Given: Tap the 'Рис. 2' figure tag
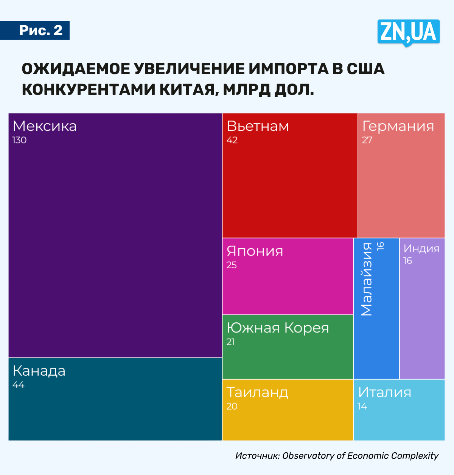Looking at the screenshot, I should click(x=40, y=30).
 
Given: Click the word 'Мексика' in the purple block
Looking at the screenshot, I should click(x=45, y=126).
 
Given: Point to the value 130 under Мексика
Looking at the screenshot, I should click(x=19, y=140).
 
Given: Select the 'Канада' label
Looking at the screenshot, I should click(x=39, y=371).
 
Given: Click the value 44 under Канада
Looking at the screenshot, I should click(x=18, y=385).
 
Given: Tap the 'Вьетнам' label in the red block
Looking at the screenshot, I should click(x=258, y=126).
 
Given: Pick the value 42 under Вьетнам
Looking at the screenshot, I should click(x=232, y=140).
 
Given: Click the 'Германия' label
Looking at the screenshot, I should click(x=398, y=126).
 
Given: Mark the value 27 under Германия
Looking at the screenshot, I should click(x=367, y=140).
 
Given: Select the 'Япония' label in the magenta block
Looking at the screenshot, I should click(x=255, y=251).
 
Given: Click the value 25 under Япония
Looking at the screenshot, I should click(x=232, y=265).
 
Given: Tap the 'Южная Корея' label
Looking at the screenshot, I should click(x=278, y=328).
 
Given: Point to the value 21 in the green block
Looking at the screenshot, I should click(x=230, y=342).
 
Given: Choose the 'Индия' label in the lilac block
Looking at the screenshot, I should click(x=421, y=249).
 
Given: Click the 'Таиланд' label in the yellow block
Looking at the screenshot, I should click(x=257, y=393).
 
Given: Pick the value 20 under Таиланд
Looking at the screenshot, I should click(x=232, y=407).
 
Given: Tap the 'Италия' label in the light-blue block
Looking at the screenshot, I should click(x=384, y=393).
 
